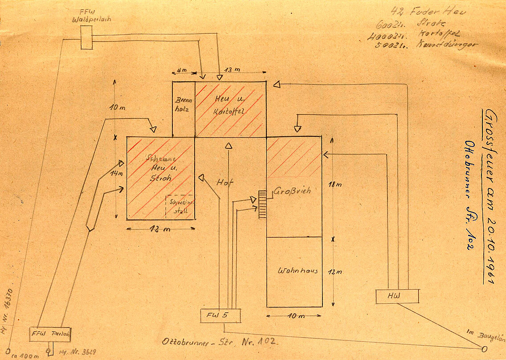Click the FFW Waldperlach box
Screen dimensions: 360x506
point(86,37)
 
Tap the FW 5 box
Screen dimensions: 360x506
point(220,315)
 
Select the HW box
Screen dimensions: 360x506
point(397,296)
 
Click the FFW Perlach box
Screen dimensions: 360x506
point(50,334)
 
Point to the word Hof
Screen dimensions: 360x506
point(225,182)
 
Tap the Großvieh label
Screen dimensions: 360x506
point(293,191)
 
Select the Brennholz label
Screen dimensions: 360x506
point(184,104)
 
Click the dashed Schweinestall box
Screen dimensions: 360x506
point(180,207)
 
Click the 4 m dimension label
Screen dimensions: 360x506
point(182,71)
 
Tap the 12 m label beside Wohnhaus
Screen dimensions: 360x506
point(340,272)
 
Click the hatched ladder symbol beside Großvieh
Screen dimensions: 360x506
point(262,204)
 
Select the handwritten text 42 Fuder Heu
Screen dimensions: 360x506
point(428,12)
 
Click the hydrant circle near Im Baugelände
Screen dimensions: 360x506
point(484,349)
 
